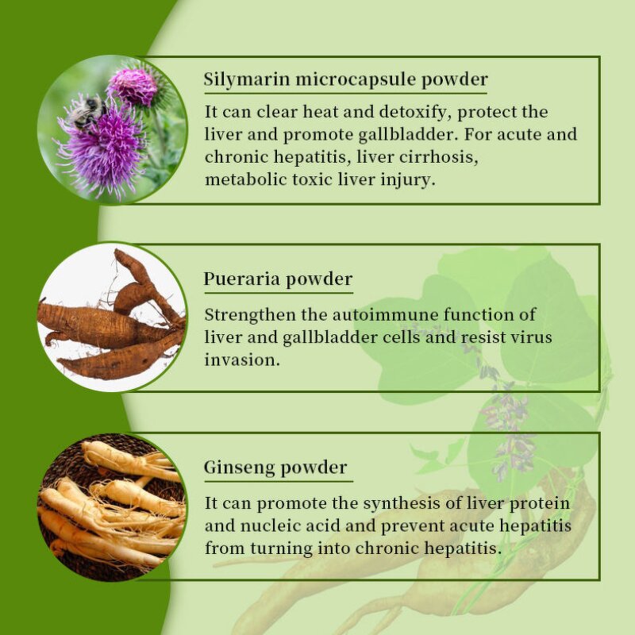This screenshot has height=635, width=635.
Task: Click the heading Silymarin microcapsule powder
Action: point(345,80)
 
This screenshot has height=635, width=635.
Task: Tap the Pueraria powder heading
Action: point(278,279)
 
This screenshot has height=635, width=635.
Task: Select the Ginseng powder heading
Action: point(275,468)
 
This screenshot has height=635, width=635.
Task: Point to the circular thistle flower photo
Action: point(112,129)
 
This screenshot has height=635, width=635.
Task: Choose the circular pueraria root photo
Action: point(112,317)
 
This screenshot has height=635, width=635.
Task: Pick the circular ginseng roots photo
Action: point(112,506)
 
